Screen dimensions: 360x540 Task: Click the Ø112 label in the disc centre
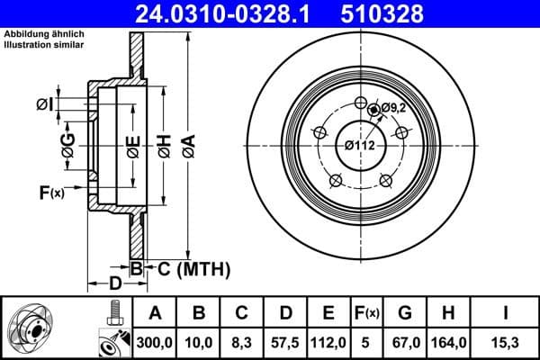[359, 143]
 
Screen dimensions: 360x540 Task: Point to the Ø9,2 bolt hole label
[394, 108]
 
